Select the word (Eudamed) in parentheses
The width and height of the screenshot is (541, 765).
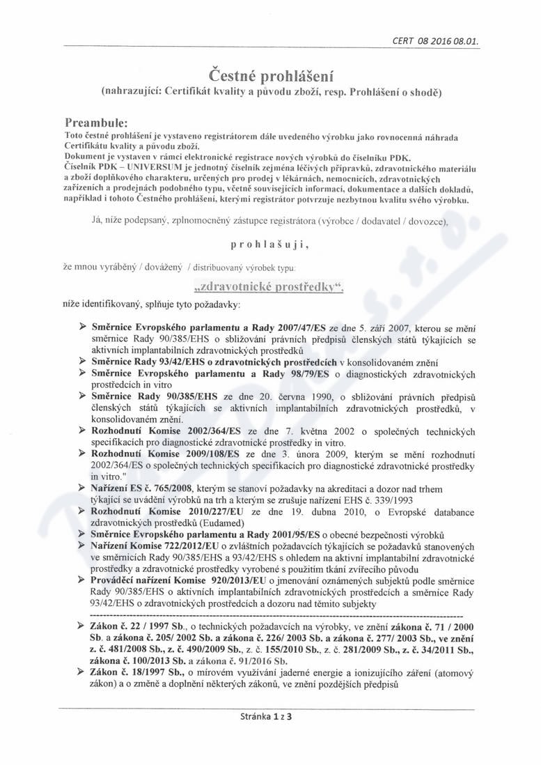point(199,521)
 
